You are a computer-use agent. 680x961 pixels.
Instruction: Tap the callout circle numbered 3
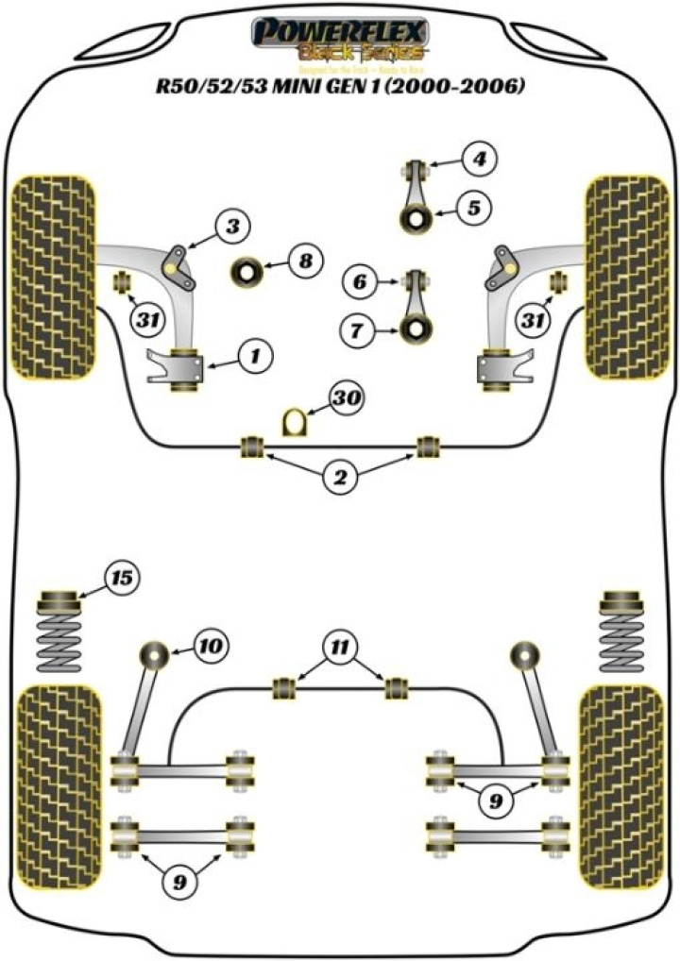pyautogui.click(x=232, y=226)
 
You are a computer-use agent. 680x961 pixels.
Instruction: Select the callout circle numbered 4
pyautogui.click(x=480, y=159)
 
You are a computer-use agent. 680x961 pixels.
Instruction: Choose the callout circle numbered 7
pyautogui.click(x=357, y=330)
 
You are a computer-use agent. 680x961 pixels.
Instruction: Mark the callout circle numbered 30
pyautogui.click(x=347, y=400)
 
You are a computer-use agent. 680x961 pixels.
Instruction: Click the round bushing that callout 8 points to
pyautogui.click(x=247, y=272)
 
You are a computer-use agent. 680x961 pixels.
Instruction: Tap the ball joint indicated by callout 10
pyautogui.click(x=154, y=652)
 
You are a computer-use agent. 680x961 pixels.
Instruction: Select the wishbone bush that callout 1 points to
pyautogui.click(x=185, y=369)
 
